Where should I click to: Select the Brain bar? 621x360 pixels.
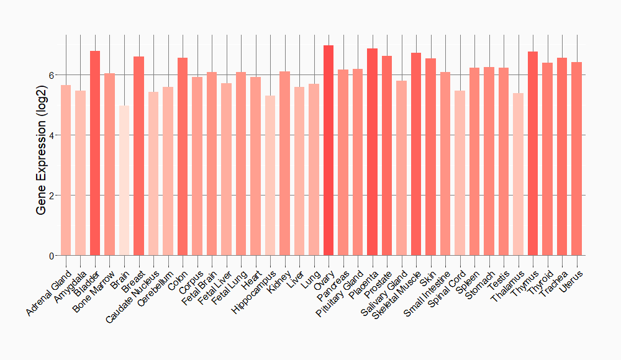(x=124, y=181)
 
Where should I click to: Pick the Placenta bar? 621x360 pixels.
(x=372, y=152)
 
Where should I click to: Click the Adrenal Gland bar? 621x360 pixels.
(x=66, y=170)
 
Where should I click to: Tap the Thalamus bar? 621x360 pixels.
(x=518, y=174)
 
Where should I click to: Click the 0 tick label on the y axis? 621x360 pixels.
(x=52, y=256)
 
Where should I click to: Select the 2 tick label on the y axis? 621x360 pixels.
(x=52, y=196)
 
